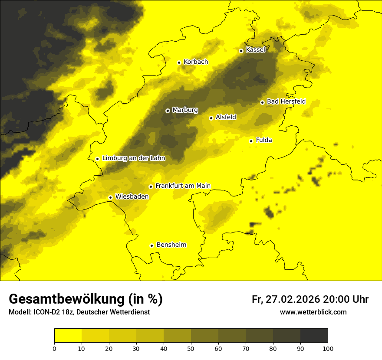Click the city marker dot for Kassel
(x=241, y=51)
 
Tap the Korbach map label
(x=196, y=62)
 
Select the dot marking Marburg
(x=168, y=111)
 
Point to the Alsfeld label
(x=226, y=117)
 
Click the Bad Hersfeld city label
(x=286, y=102)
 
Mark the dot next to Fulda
(x=251, y=141)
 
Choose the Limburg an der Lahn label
(x=134, y=158)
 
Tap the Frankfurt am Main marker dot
(x=151, y=187)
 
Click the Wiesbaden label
(x=132, y=197)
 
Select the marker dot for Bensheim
(x=151, y=245)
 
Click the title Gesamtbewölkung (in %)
(x=86, y=299)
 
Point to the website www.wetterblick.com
(x=313, y=312)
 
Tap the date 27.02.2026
(x=292, y=300)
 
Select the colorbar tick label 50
(x=191, y=349)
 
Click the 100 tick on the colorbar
(x=328, y=349)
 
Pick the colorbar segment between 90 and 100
(x=314, y=336)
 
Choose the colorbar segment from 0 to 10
(x=68, y=336)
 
